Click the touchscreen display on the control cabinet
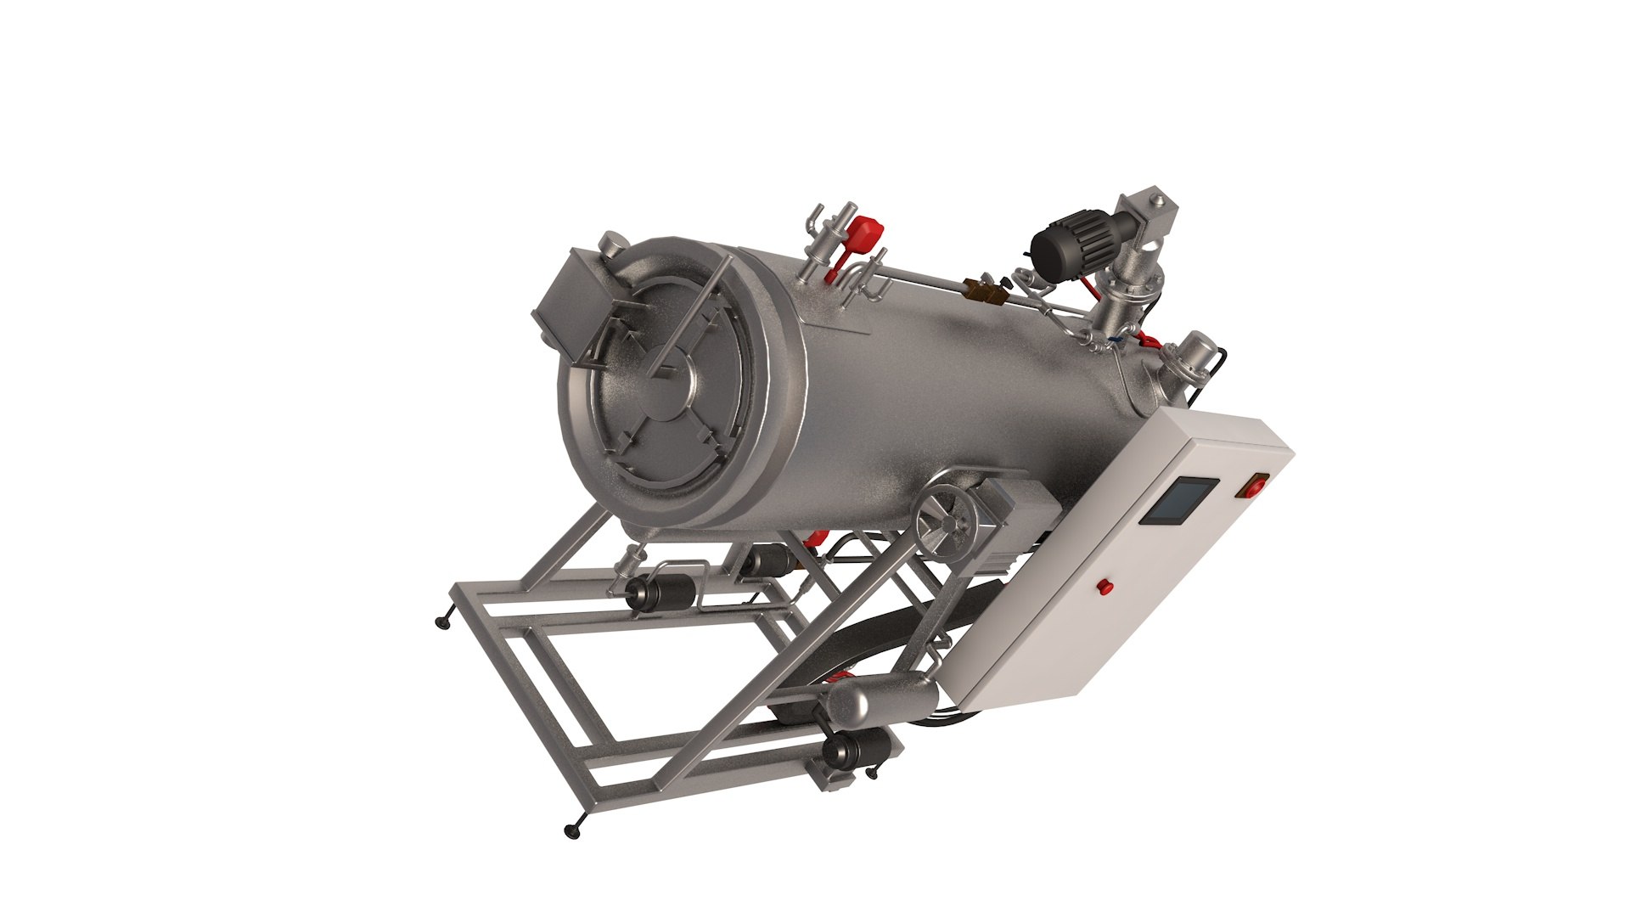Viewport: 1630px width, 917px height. [x=1178, y=501]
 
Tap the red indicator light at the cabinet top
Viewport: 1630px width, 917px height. [x=1254, y=487]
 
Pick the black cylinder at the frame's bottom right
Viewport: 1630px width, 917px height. [x=859, y=750]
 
